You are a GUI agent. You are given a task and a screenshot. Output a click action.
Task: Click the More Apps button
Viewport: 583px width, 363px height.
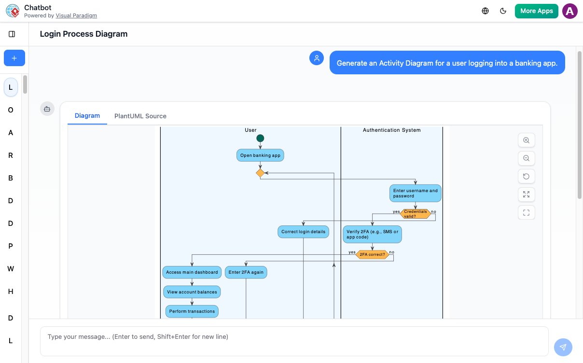(x=536, y=11)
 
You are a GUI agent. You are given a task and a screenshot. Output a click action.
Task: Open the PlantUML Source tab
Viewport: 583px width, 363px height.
(x=140, y=116)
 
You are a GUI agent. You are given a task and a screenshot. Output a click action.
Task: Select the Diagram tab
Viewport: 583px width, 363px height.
(x=87, y=116)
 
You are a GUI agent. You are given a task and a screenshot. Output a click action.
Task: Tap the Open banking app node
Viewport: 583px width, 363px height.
(x=260, y=155)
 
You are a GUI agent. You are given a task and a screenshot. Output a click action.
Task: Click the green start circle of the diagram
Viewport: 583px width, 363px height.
(x=260, y=139)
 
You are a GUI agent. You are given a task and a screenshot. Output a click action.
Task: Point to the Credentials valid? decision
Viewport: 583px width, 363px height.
(x=416, y=214)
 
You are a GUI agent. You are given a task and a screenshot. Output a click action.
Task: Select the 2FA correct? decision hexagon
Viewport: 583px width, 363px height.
(x=372, y=254)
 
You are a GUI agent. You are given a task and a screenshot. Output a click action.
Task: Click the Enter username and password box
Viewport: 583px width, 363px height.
(x=415, y=193)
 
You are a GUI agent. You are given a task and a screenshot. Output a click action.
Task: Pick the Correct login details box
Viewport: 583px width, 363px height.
(x=303, y=232)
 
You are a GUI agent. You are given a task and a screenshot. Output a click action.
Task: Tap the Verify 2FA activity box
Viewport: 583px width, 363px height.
(x=372, y=234)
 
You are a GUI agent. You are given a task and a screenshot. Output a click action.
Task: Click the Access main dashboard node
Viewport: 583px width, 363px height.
(x=192, y=272)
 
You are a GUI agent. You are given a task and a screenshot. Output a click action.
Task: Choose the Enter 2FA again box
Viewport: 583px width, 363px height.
(x=246, y=272)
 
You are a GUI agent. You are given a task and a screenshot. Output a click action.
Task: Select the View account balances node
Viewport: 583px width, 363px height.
(x=192, y=292)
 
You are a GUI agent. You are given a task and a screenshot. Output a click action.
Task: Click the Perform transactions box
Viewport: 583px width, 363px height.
(x=192, y=311)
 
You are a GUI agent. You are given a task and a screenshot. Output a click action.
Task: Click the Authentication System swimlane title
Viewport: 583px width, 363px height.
(x=391, y=130)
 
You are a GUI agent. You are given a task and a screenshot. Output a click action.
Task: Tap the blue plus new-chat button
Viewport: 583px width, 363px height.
(x=14, y=58)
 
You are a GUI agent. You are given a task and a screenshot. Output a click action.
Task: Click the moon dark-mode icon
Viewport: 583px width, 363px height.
(x=503, y=11)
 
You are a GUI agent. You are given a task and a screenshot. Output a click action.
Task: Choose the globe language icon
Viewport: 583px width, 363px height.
(x=486, y=11)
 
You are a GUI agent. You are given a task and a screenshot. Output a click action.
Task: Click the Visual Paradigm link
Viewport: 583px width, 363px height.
(x=76, y=15)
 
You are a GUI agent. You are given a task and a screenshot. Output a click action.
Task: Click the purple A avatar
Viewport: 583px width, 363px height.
(x=570, y=11)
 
